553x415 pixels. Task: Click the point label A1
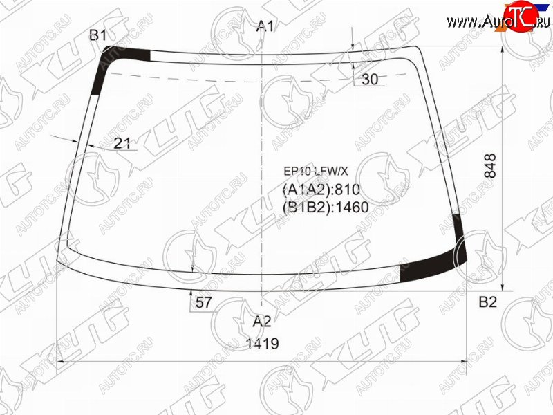coord(265,26)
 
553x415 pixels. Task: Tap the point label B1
coord(98,35)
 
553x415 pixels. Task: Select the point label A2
coord(262,322)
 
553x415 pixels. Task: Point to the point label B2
coord(488,302)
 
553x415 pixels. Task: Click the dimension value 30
coord(370,80)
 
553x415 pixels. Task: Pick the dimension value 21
coord(122,143)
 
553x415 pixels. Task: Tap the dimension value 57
coord(203,302)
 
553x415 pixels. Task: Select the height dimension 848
coord(490,166)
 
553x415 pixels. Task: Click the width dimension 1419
coord(263,343)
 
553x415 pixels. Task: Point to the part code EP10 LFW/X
coord(316,172)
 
